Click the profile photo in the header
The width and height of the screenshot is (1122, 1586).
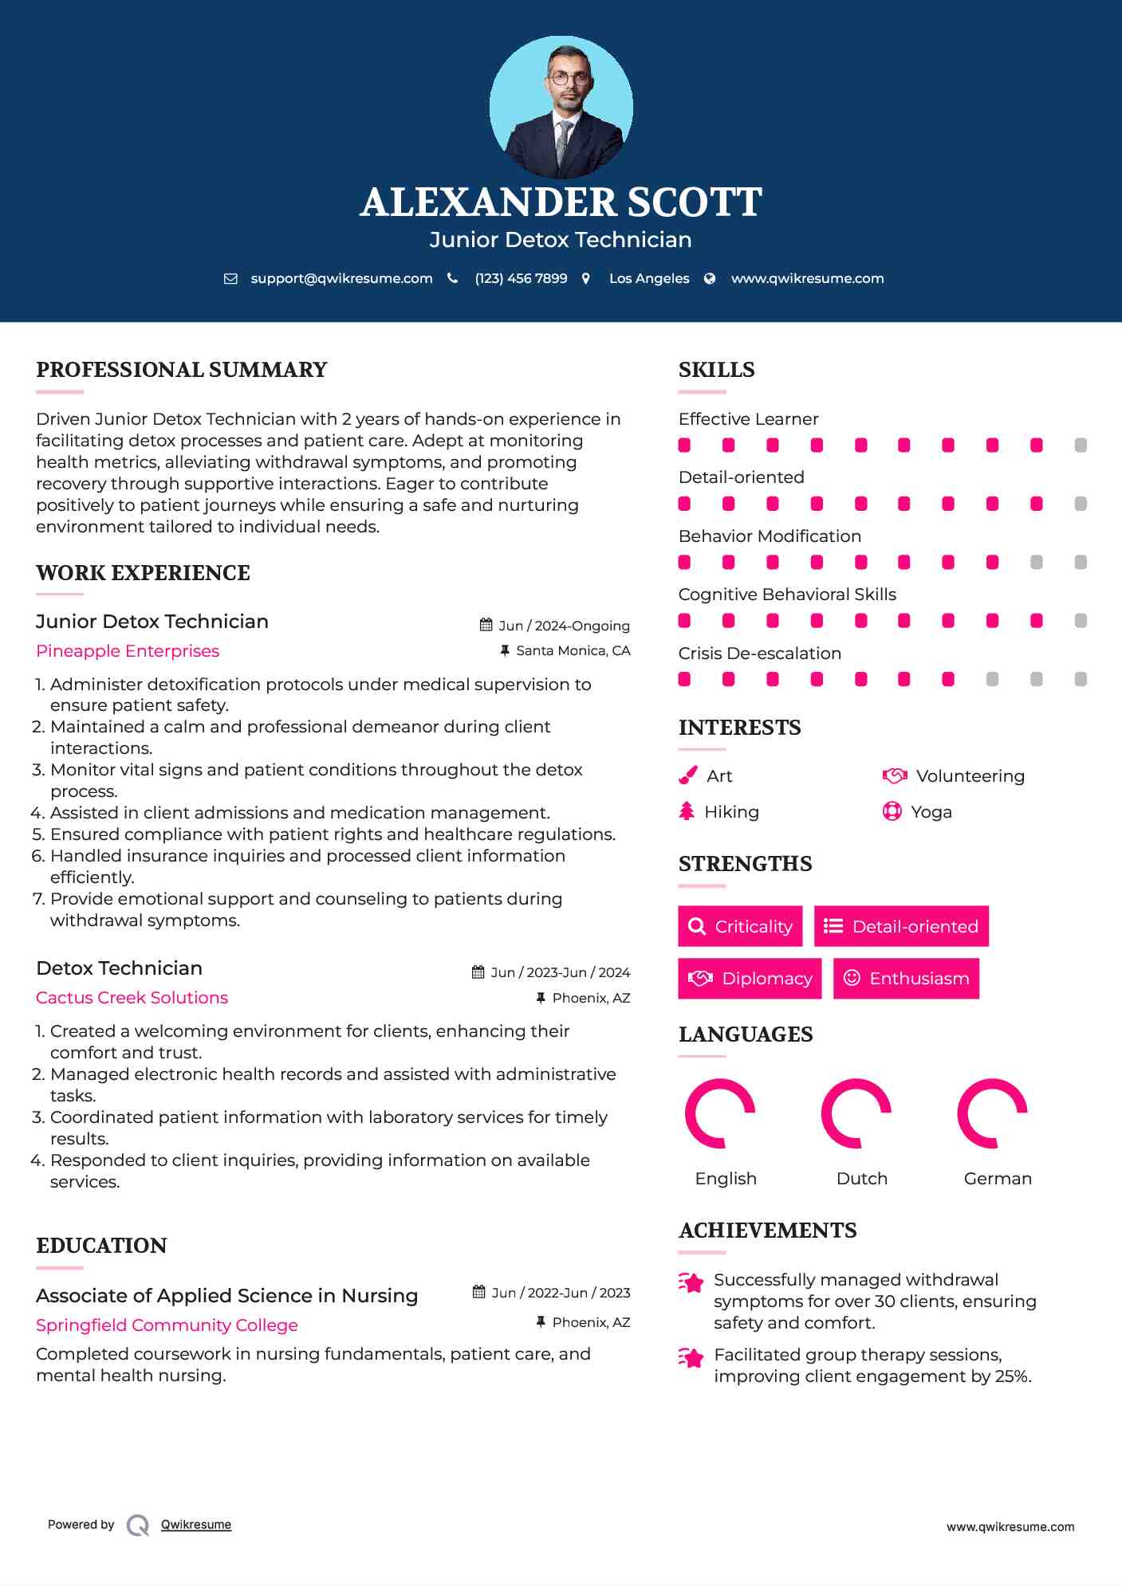pos(561,107)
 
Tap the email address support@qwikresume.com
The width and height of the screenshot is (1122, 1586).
pos(341,278)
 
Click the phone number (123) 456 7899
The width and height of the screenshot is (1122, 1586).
pos(521,278)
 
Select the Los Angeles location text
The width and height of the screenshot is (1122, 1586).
pos(649,278)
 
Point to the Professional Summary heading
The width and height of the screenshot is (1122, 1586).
pos(182,370)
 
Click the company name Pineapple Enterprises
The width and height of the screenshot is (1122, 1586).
pos(128,651)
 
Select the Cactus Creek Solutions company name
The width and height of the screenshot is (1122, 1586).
pos(132,998)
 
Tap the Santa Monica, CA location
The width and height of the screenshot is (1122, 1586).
pos(573,651)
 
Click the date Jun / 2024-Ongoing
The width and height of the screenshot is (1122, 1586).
pos(564,626)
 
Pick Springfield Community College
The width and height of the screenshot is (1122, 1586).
pos(167,1325)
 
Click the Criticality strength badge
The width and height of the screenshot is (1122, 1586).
pos(740,926)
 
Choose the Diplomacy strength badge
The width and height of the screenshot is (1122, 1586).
pos(750,979)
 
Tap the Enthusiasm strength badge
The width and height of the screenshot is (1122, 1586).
pos(906,979)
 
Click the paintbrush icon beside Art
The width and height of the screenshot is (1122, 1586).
pos(687,775)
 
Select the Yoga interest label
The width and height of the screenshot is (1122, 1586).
pos(931,812)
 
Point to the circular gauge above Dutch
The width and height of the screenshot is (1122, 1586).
pos(856,1113)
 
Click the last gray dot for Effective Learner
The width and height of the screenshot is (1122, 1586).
pos(1081,446)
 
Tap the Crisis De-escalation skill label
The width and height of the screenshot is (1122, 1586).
pos(760,654)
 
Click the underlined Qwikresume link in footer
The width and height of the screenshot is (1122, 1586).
pos(196,1525)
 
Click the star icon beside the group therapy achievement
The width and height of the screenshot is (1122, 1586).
pos(691,1356)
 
